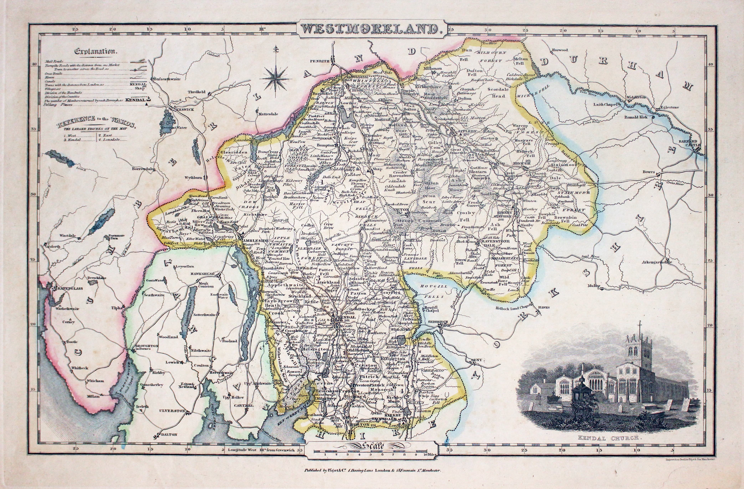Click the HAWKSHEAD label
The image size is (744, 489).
[x=202, y=274]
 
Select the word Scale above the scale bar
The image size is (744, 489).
[x=373, y=445]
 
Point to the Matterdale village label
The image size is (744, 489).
[x=268, y=114]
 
